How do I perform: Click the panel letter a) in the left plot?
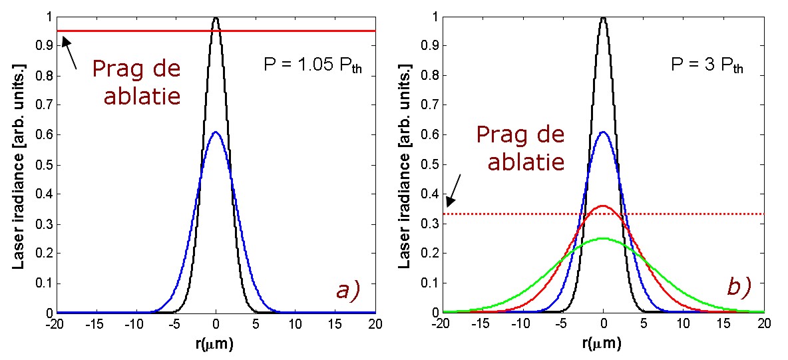tap(346, 290)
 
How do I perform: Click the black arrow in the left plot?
tap(70, 53)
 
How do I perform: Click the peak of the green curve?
tap(603, 238)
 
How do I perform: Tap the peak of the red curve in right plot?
tap(603, 206)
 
